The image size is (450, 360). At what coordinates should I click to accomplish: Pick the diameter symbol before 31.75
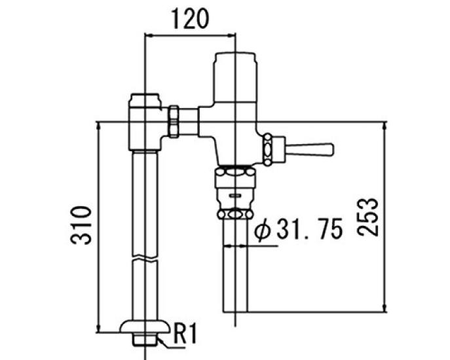263,230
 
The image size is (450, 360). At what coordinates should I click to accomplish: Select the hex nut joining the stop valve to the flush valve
175,122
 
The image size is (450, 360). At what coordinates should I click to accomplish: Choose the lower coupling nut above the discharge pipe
234,214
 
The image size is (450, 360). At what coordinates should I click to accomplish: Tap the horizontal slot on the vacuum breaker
234,195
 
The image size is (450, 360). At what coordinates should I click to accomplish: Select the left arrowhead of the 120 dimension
147,37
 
